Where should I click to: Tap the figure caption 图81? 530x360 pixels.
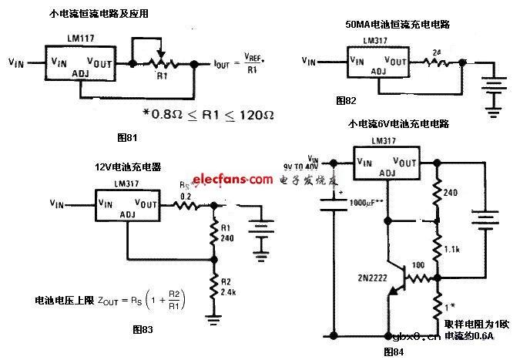tap(125, 136)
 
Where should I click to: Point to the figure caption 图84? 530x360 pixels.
tap(394, 352)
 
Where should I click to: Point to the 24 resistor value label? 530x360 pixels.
tap(438, 50)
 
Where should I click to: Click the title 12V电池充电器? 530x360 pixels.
tap(125, 167)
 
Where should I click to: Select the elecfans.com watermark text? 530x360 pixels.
tap(231, 179)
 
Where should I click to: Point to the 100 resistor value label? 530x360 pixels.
tap(418, 266)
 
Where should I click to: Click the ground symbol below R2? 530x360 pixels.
tap(214, 317)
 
